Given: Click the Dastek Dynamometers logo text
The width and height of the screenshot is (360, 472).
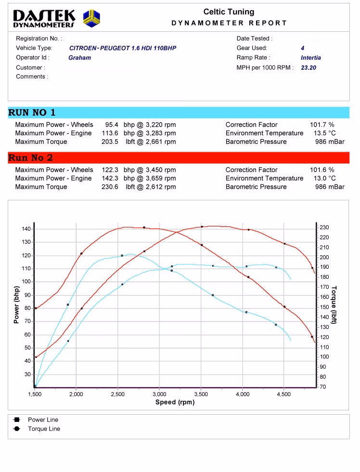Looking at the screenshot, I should point(44,19).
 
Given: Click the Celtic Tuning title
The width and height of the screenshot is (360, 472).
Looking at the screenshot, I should point(229,12).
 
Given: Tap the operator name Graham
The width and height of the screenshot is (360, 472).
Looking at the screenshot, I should point(79,58).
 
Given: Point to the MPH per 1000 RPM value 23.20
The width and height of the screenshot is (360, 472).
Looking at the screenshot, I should point(309,68).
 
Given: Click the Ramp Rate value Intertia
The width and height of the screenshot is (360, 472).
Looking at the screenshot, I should point(310,58).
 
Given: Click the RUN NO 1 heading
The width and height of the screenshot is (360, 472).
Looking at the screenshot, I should point(32,113).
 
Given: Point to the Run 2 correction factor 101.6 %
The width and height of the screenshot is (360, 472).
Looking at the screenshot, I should point(322,170).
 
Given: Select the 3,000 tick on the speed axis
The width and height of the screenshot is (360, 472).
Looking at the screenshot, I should point(159,394).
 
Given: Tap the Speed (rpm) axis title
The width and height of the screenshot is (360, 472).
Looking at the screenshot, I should point(175,402).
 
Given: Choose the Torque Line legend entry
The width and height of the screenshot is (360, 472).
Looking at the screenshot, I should point(44,429).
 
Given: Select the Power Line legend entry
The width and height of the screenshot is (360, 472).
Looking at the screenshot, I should point(43,420).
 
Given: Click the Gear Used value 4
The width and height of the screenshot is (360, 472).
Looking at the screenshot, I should point(302,48).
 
